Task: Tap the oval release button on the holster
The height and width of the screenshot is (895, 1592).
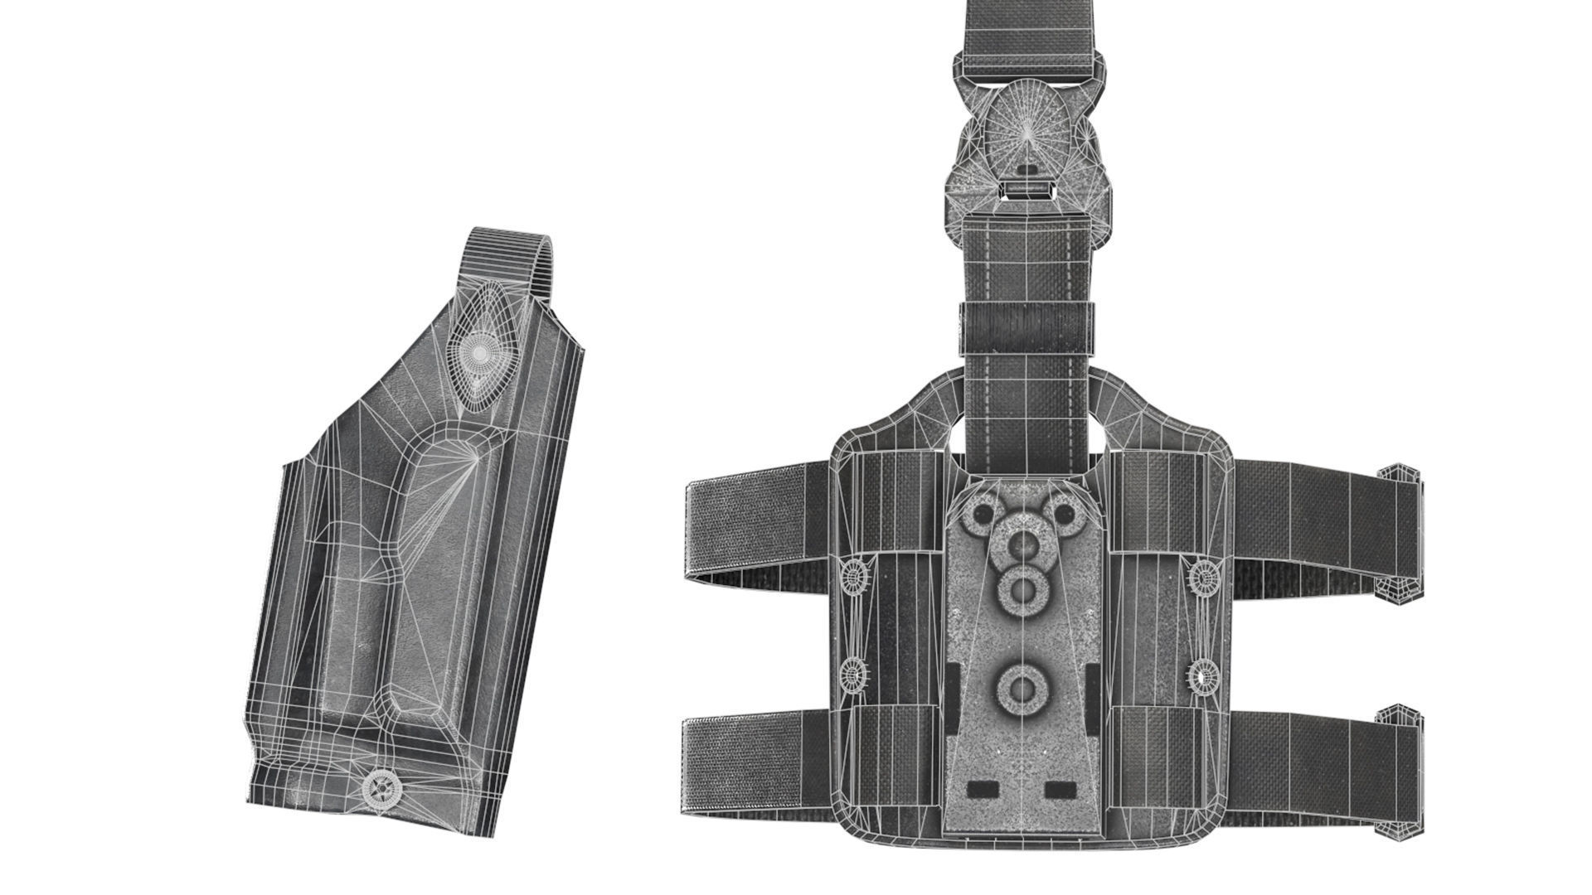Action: point(478,351)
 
